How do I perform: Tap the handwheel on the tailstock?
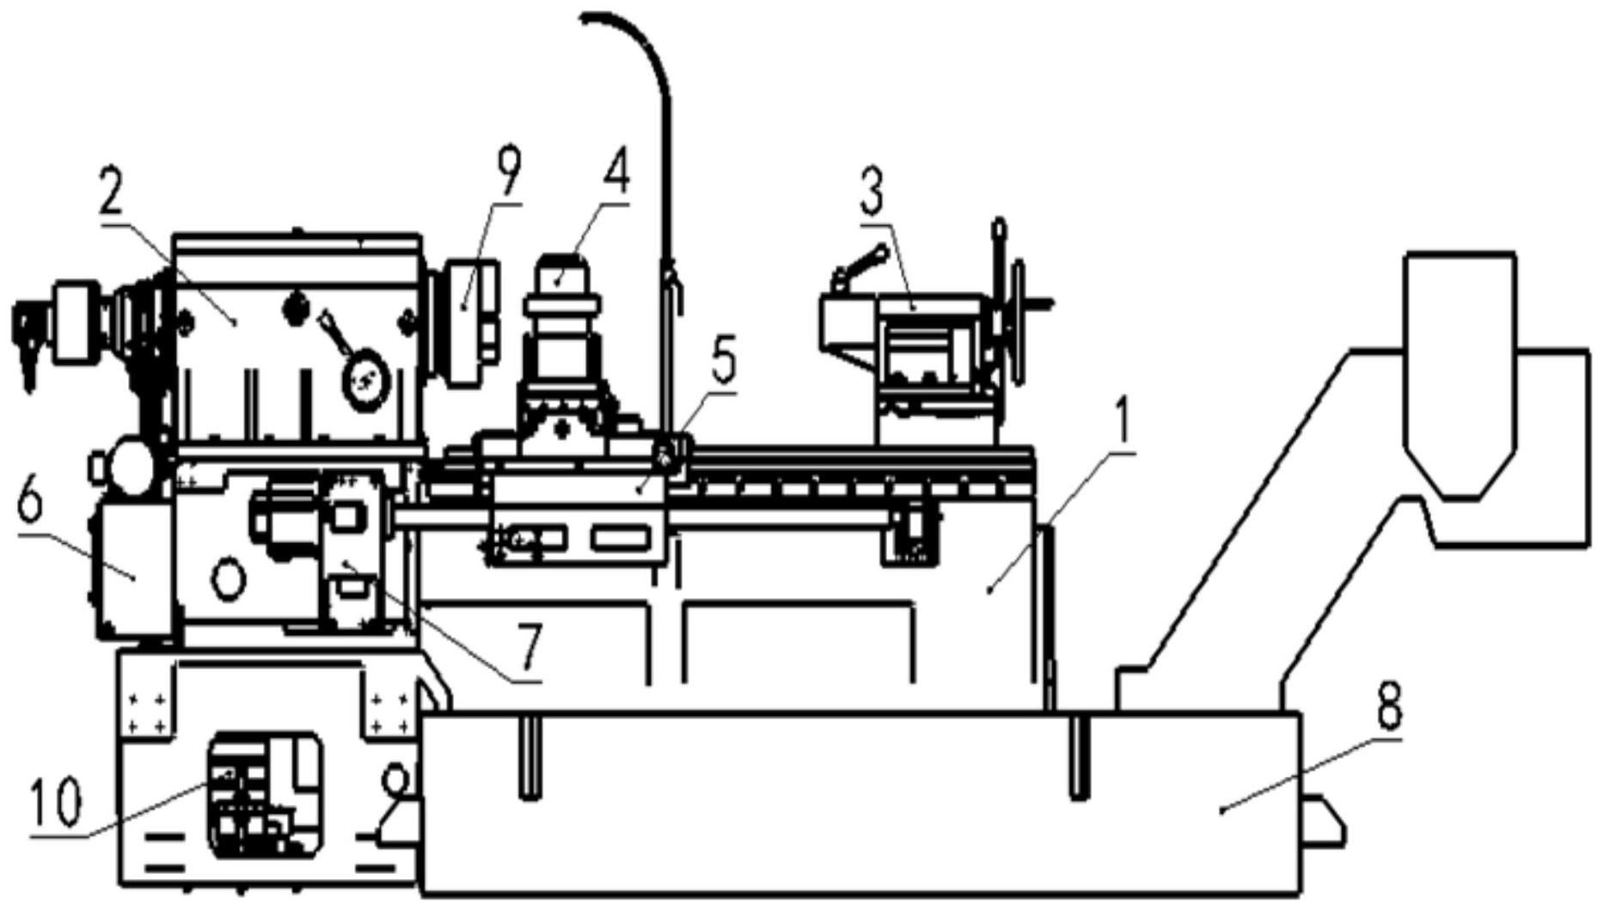coord(1019,322)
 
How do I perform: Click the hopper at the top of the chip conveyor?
coord(1459,375)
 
